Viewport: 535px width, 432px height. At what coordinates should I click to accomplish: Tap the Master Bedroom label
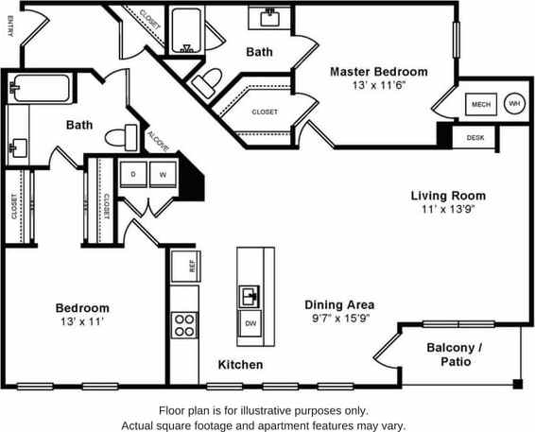click(378, 71)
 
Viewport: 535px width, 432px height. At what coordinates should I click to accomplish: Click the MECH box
click(480, 104)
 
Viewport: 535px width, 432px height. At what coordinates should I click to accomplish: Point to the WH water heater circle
click(514, 104)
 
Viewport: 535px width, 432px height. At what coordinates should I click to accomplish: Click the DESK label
click(475, 138)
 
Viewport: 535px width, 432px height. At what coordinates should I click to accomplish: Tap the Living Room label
click(447, 196)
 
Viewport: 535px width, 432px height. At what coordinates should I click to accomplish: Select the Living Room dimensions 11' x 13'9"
click(447, 210)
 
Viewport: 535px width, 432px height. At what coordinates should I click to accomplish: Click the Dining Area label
click(339, 304)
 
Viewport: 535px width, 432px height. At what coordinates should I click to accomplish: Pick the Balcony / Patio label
click(455, 354)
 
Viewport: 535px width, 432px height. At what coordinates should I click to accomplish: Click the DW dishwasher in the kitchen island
click(250, 323)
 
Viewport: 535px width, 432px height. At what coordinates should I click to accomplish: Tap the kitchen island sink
click(250, 297)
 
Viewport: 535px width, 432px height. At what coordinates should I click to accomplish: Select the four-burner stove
click(183, 324)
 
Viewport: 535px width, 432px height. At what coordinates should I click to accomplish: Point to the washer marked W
click(162, 175)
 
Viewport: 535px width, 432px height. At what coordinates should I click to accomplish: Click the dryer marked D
click(133, 175)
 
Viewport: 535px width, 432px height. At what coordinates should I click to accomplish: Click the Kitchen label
click(240, 364)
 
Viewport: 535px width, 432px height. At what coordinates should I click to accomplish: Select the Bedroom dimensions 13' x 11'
click(81, 322)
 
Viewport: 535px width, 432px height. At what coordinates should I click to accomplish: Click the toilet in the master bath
click(204, 83)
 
